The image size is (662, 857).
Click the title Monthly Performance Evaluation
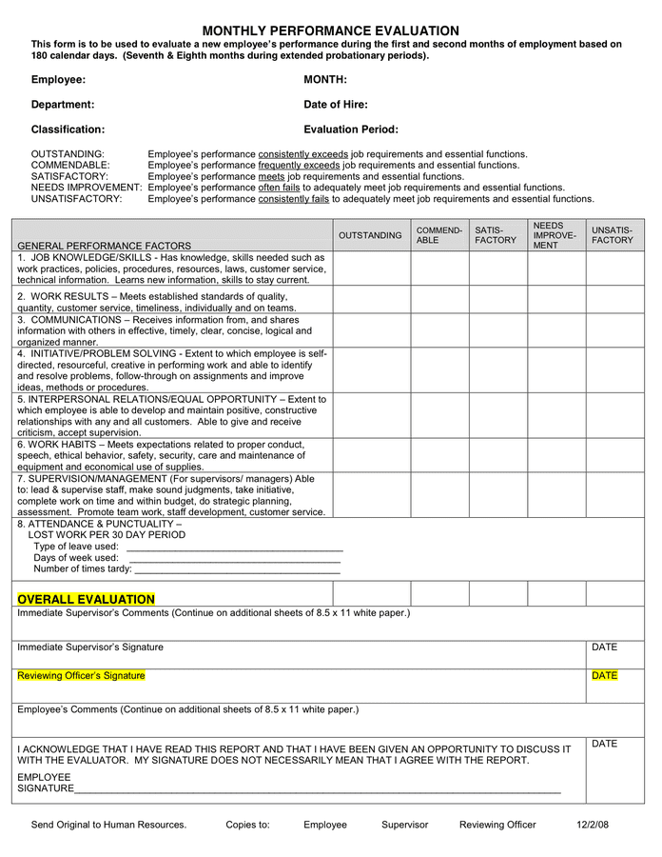[330, 31]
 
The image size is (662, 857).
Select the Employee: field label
[58, 80]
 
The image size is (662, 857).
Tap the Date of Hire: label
[335, 105]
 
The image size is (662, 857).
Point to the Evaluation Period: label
[350, 130]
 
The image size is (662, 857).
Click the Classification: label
[68, 130]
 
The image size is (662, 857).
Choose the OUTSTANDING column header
[370, 235]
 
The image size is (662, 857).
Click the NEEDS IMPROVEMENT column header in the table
[555, 235]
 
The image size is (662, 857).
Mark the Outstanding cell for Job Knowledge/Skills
[370, 269]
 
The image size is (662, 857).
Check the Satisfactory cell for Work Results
[496, 302]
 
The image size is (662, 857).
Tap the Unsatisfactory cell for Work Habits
[614, 455]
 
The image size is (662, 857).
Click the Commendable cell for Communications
[438, 330]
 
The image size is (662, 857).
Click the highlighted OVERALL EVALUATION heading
[86, 599]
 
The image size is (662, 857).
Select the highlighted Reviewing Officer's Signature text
[81, 676]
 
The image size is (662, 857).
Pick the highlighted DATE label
[604, 676]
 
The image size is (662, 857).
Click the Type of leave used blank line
[234, 548]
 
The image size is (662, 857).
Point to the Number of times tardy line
[237, 570]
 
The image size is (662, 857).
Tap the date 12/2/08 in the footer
[594, 825]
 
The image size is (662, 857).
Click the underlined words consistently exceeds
[302, 154]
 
